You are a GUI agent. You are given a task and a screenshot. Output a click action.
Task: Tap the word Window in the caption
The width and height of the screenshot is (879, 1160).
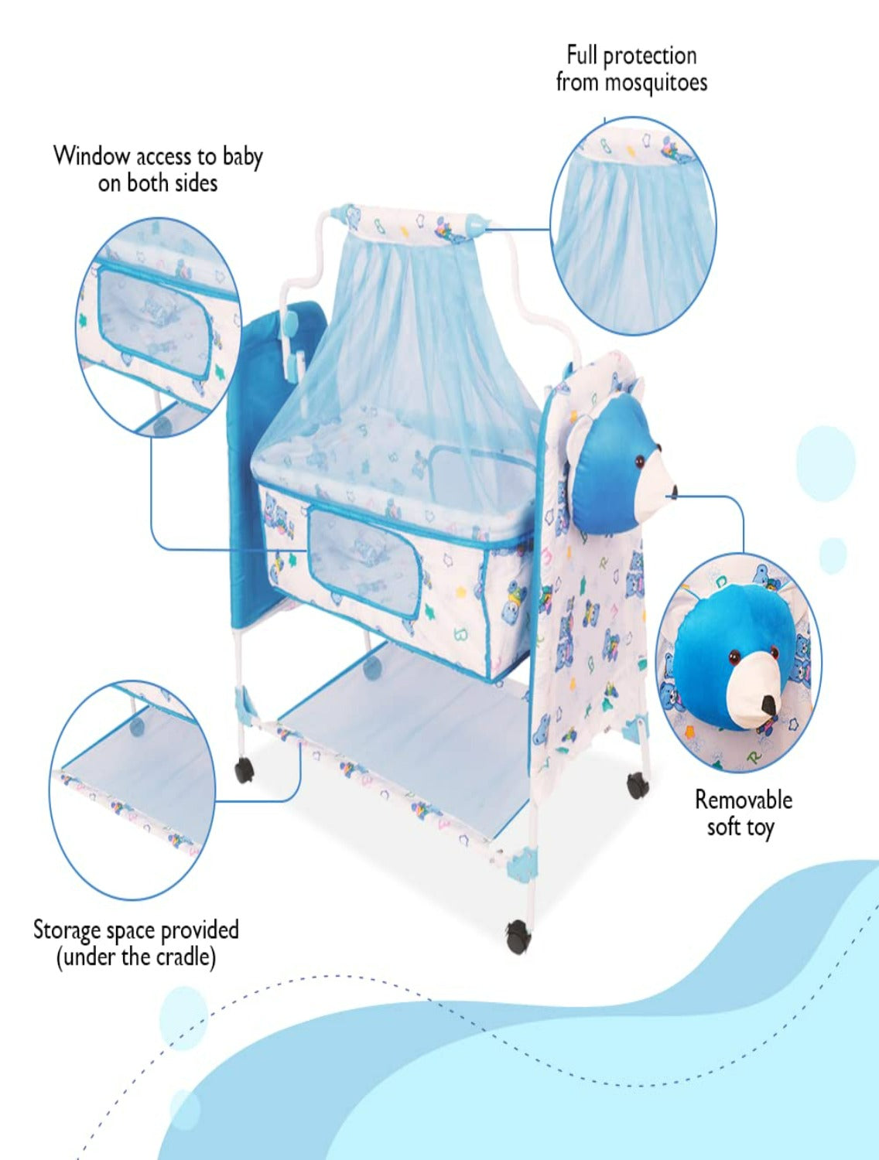coord(91,156)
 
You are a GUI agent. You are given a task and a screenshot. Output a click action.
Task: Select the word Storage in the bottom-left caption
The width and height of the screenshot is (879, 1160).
coord(67,930)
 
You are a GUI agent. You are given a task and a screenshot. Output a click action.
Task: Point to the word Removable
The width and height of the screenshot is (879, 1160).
coord(743,800)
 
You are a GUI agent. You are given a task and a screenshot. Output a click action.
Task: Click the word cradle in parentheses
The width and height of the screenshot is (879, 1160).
coord(183,957)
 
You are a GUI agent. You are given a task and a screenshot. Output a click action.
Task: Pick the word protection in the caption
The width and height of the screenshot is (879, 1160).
coord(649,56)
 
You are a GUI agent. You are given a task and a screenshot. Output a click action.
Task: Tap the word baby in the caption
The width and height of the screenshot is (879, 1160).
coord(242,157)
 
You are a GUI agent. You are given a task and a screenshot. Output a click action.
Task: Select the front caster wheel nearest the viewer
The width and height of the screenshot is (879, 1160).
coord(518,936)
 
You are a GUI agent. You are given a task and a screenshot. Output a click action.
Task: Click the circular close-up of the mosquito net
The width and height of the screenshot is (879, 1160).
coord(633,226)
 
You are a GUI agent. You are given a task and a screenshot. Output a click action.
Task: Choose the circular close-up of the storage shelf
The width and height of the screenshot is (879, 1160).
coord(133,790)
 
